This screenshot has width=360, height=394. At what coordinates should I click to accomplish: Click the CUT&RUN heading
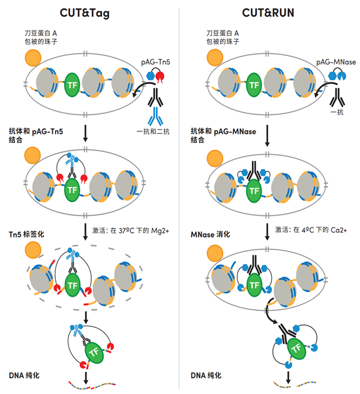click(x=269, y=12)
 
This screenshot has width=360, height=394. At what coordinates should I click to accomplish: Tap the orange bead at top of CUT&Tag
click(x=32, y=58)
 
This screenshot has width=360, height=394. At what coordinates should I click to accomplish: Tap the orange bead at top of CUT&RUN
click(x=215, y=58)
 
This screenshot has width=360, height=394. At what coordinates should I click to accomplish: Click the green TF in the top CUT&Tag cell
click(x=73, y=86)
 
